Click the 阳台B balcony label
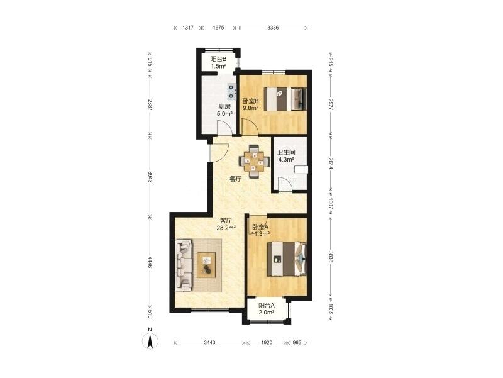click(218, 59)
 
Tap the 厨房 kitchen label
click(224, 106)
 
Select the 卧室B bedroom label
click(250, 101)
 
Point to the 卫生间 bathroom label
click(286, 152)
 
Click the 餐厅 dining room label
click(235, 179)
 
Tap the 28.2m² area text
click(226, 228)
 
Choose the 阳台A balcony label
click(267, 306)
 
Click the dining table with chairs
click(254, 161)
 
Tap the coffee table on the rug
click(206, 265)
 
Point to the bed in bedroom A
click(287, 259)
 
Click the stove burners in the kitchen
click(231, 91)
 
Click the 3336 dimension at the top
click(273, 28)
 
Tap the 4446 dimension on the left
click(150, 262)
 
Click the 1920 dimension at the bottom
click(267, 343)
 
